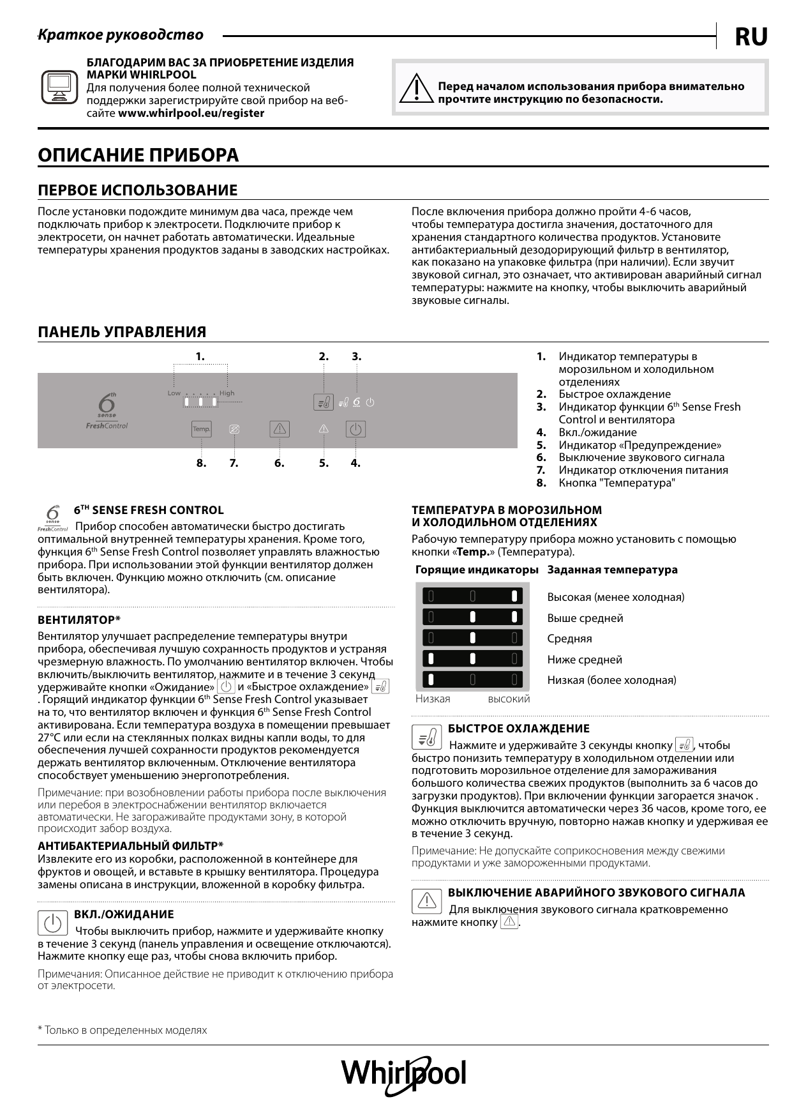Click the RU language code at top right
[x=751, y=37]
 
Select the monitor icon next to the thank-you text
[x=59, y=87]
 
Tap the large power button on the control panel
[x=355, y=429]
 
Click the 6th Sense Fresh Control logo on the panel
[x=107, y=412]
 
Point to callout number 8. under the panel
[x=202, y=463]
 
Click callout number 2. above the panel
[x=324, y=356]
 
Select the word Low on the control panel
[x=174, y=393]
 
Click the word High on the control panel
[x=227, y=393]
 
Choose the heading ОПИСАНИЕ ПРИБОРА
[x=138, y=155]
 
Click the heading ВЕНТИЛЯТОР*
[x=79, y=619]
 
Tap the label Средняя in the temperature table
[x=569, y=639]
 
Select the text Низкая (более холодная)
[x=611, y=680]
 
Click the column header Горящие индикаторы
[x=477, y=570]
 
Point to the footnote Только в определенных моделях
[x=123, y=1030]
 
